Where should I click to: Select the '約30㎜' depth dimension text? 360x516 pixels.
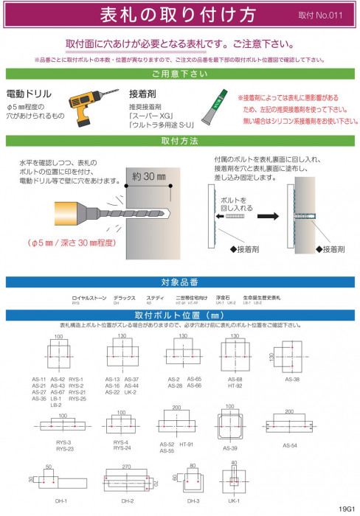click(x=139, y=178)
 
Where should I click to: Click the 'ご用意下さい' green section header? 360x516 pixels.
click(x=179, y=74)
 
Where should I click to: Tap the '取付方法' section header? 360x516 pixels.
click(x=179, y=140)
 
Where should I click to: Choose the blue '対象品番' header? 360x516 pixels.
click(x=179, y=282)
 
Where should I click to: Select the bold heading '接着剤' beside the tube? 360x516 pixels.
click(x=142, y=95)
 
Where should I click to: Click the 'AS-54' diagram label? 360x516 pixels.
click(x=290, y=444)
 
